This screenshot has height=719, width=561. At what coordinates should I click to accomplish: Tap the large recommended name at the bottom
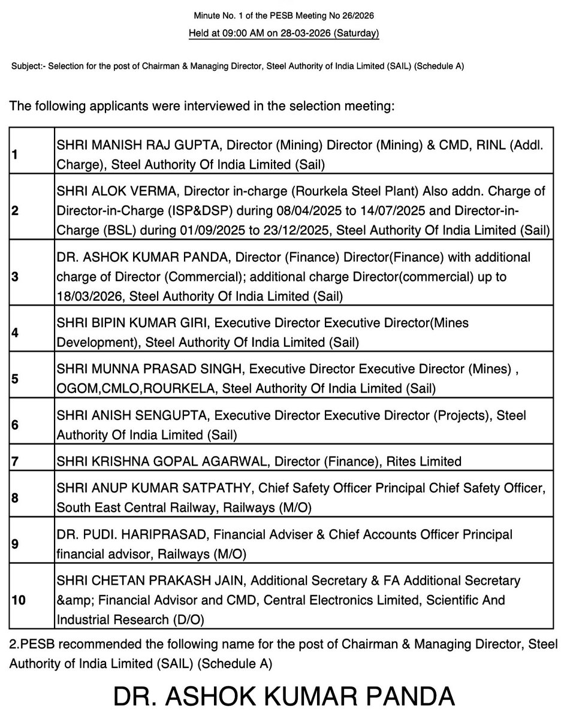[283, 696]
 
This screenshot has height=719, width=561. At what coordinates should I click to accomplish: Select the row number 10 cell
[19, 599]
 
